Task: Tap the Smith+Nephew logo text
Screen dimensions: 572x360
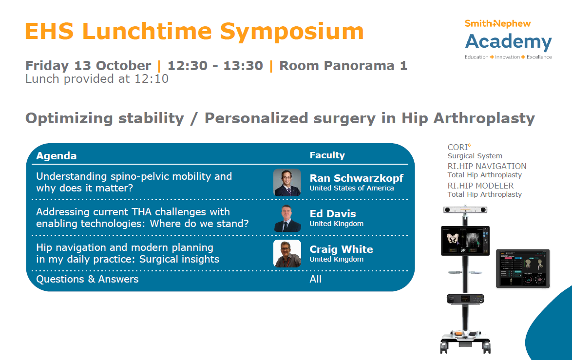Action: [x=497, y=24]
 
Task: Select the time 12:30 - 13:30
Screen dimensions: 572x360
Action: [x=215, y=66]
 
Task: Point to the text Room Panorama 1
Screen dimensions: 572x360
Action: [x=343, y=66]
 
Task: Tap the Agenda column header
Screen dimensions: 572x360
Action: [x=57, y=156]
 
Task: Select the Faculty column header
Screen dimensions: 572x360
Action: [x=327, y=155]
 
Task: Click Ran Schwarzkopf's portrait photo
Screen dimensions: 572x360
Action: [x=287, y=182]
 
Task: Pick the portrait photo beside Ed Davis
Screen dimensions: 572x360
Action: [x=287, y=218]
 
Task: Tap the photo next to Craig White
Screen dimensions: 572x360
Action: [x=287, y=253]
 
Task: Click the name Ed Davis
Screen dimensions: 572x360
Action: [x=333, y=214]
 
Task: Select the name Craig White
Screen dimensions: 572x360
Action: [x=342, y=249]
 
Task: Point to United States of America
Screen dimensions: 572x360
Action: [x=352, y=188]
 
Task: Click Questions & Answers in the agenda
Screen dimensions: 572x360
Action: [x=87, y=280]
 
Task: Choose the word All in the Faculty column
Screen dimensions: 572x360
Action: [x=316, y=279]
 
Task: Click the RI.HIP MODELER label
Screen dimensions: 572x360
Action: [x=480, y=186]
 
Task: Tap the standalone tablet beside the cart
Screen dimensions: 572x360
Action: [x=523, y=269]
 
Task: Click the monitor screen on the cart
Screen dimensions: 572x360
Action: [x=465, y=241]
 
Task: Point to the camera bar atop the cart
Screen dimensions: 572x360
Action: [x=465, y=210]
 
